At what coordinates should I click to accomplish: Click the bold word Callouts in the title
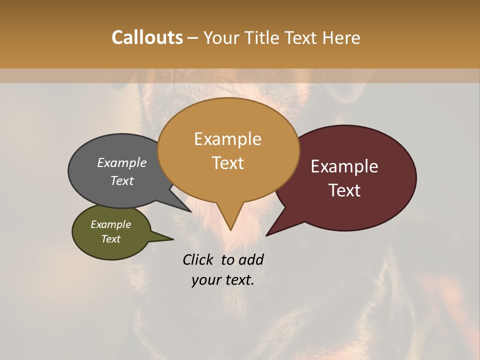pos(147,37)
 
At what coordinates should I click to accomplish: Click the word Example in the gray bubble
pos(121,162)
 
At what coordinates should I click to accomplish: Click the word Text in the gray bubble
pos(121,180)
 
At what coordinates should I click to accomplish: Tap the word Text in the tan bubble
pos(227,162)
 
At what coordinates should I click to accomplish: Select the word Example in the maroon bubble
pos(344,166)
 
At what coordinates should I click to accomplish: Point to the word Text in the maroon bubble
pos(344,190)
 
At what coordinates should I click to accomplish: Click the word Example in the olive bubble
pos(110,224)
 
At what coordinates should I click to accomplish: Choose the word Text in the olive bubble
pos(110,239)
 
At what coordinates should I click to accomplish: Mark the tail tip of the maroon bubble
pos(266,235)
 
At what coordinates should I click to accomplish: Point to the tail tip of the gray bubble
pos(190,211)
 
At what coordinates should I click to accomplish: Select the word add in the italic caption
pos(251,259)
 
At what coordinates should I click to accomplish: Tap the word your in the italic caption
pos(205,280)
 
